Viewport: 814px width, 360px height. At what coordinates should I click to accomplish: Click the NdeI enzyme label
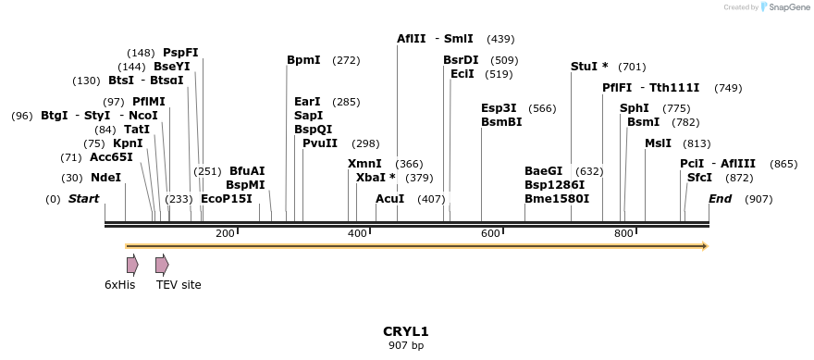click(x=105, y=178)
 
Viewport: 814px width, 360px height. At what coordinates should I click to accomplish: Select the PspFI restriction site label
click(x=180, y=53)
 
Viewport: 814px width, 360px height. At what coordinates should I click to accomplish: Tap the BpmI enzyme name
click(x=303, y=60)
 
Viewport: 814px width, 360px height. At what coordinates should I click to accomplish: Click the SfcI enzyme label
click(x=699, y=178)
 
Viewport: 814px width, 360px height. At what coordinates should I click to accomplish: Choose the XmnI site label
click(x=364, y=164)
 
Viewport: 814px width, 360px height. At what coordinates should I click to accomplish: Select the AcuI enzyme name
click(x=389, y=199)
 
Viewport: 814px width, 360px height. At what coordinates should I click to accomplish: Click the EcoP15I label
click(x=226, y=199)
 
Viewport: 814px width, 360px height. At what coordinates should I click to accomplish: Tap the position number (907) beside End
click(x=758, y=199)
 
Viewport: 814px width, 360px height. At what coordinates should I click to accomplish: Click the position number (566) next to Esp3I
click(x=542, y=108)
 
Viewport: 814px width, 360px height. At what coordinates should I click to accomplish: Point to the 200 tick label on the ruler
click(x=225, y=233)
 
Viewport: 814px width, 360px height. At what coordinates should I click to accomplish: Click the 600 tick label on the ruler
click(x=490, y=233)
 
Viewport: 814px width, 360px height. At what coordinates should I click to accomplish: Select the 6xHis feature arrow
click(x=132, y=265)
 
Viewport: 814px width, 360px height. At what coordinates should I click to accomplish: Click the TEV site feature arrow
click(x=162, y=265)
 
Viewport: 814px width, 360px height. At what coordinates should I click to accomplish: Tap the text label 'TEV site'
click(x=179, y=285)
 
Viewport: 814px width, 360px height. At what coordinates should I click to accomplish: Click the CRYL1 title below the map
click(x=406, y=331)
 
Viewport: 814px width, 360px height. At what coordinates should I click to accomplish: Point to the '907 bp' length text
click(x=406, y=346)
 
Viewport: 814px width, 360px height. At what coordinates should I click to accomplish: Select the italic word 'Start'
click(x=83, y=199)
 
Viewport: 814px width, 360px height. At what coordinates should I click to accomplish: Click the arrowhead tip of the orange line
click(x=706, y=246)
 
